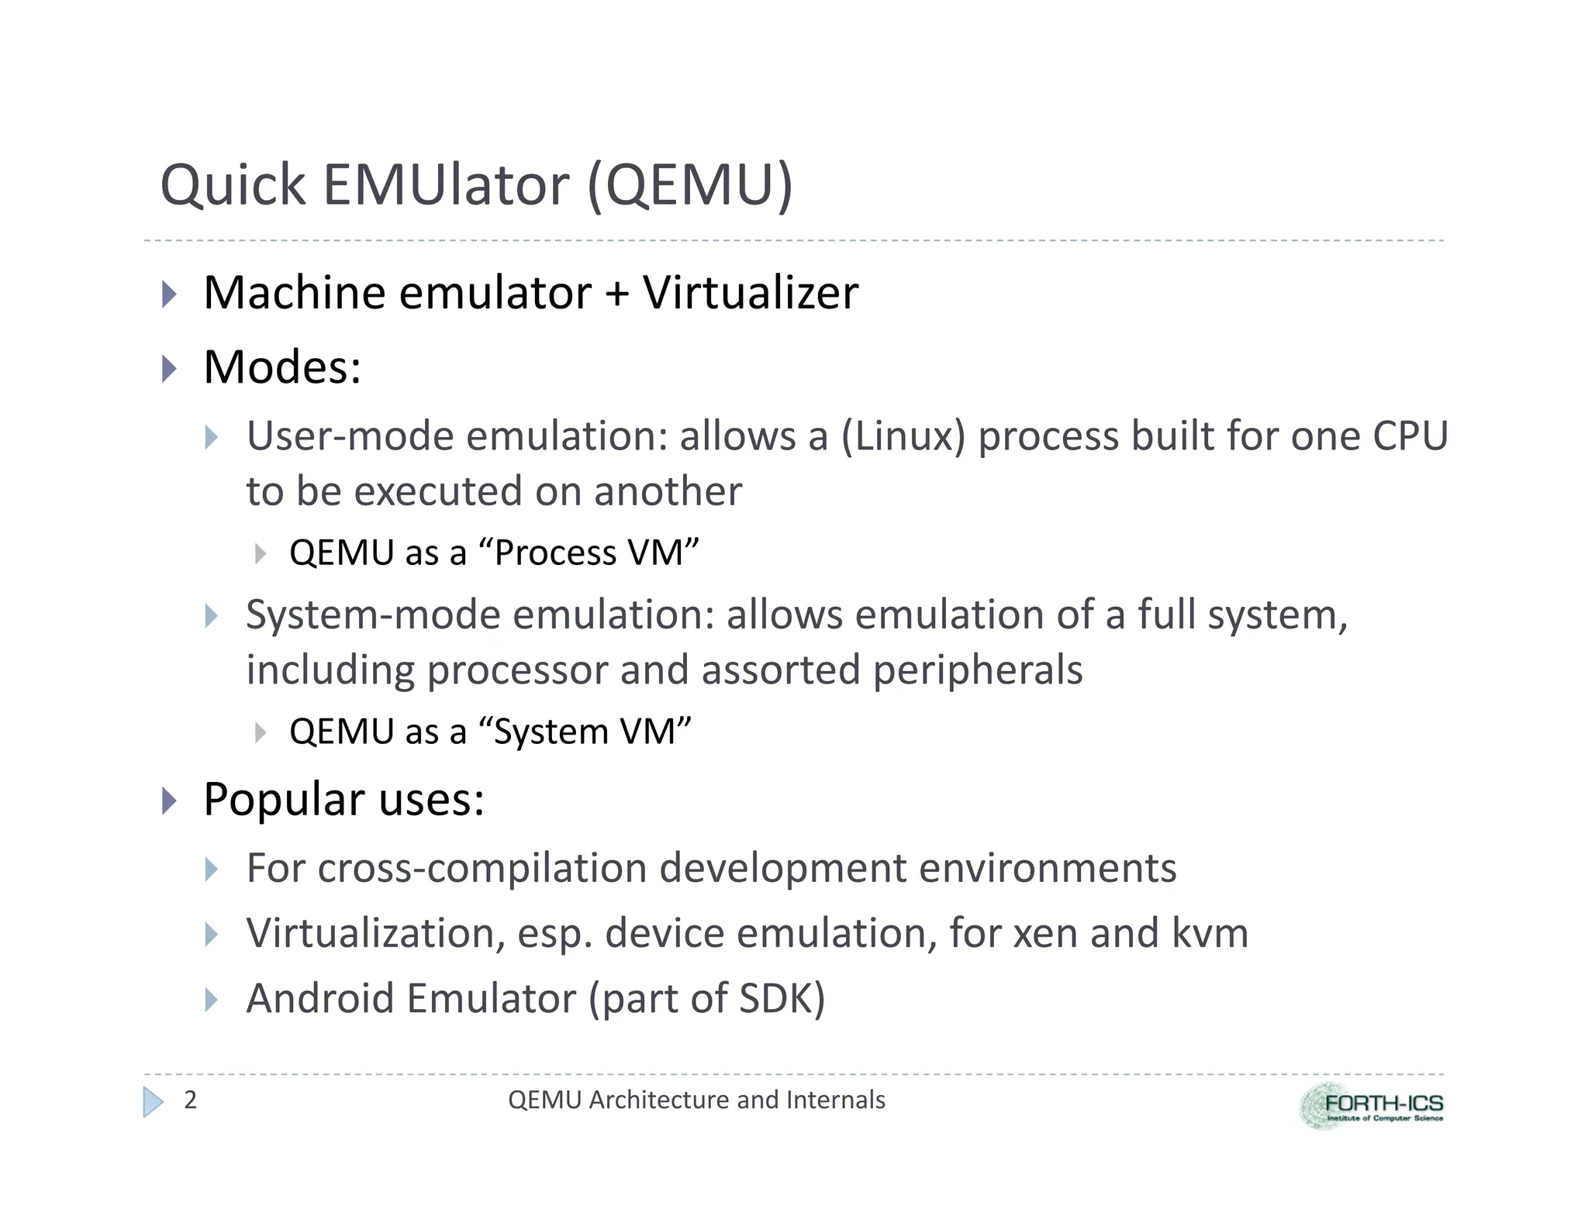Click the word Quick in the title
point(233,186)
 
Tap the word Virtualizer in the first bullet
point(750,293)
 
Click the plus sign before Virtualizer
point(616,294)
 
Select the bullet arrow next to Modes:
point(169,368)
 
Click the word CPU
point(1410,436)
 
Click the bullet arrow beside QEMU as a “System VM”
point(261,732)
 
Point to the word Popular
point(284,800)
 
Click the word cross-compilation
point(481,868)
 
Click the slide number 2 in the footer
point(191,1100)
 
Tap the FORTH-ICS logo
point(1371,1106)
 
